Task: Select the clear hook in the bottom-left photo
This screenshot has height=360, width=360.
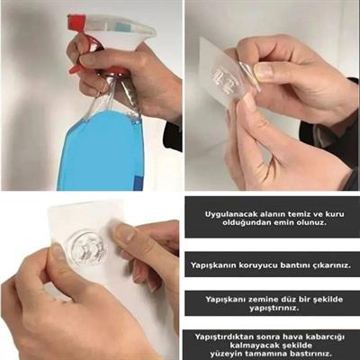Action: (87, 246)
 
